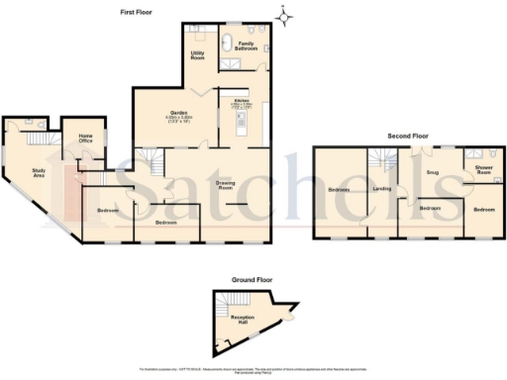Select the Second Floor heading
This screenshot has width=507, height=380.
pos(407,135)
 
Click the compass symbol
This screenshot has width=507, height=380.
pos(285,15)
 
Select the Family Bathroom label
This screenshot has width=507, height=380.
pos(248,45)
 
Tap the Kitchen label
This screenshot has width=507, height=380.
pos(241,101)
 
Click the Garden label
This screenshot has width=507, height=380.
pos(179,113)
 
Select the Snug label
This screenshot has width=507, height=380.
pos(432,173)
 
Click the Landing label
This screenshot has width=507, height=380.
pos(382,187)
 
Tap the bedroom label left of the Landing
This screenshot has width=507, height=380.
pos(339,189)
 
